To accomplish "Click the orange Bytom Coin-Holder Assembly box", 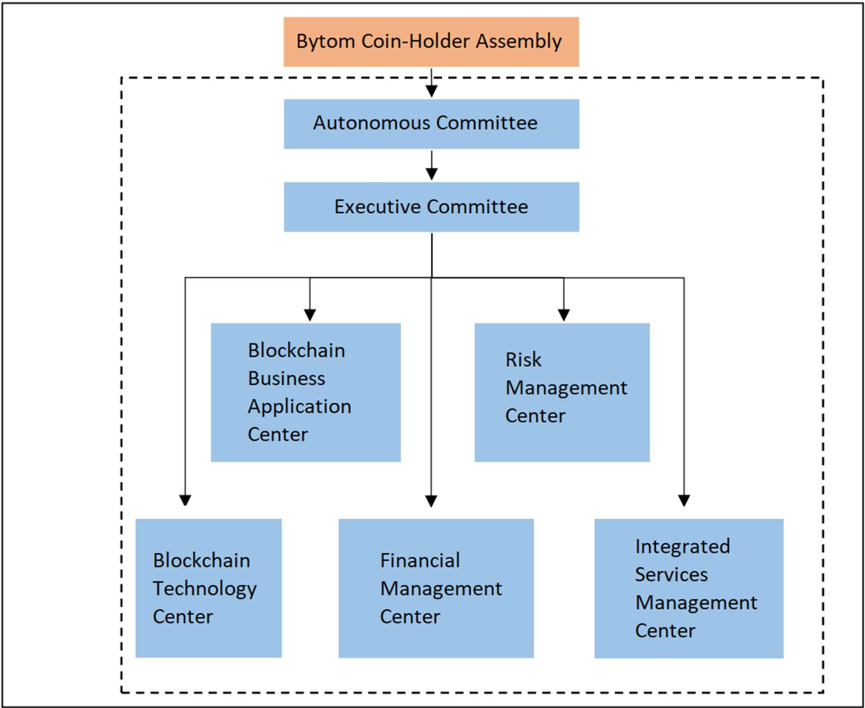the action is (431, 42).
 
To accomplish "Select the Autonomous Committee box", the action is (432, 124).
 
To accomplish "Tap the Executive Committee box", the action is (432, 207).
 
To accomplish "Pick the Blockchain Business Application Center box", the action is (305, 392).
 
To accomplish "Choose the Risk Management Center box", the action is (562, 392).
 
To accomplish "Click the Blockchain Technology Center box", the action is (208, 589).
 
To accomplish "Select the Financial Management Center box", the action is (436, 589).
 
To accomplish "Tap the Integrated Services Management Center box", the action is (689, 589).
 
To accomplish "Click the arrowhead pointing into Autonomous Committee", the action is (432, 91).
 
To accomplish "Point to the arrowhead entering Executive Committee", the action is (432, 175).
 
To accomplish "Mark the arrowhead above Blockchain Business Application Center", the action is (309, 315).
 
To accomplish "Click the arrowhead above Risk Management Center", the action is (564, 315).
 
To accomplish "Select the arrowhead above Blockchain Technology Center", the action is (185, 500).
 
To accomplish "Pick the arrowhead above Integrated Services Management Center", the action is (684, 500).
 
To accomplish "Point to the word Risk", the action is (523, 360).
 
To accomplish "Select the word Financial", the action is (420, 561).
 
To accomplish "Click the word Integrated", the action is (682, 547).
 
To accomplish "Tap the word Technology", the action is (204, 589).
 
